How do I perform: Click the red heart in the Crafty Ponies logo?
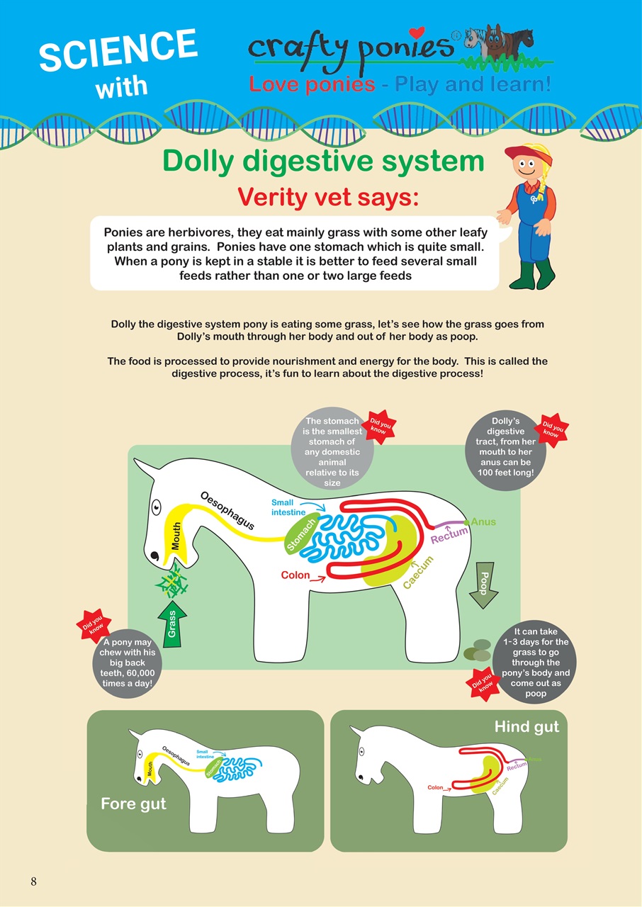(417, 33)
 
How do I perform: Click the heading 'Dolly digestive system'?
(323, 162)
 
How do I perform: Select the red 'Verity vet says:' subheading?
(328, 196)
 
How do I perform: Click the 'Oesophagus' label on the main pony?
(227, 509)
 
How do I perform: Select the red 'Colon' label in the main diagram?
(295, 575)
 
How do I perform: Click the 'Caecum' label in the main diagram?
(418, 572)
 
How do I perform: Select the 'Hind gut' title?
(526, 726)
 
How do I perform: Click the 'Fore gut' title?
(133, 804)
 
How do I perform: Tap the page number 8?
(33, 881)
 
